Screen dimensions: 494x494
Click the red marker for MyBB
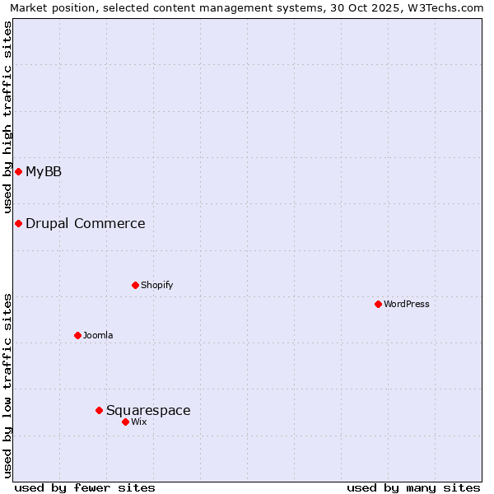[x=18, y=171]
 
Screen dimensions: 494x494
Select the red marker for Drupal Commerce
[x=18, y=223]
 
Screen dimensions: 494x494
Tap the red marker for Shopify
[x=135, y=285]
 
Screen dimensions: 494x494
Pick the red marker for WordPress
[x=378, y=304]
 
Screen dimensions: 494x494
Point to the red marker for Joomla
[x=77, y=335]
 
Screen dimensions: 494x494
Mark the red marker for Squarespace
[x=99, y=410]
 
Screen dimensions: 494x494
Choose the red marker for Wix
[x=125, y=422]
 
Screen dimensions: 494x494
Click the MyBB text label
[x=44, y=171]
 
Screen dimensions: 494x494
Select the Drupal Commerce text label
[x=86, y=223]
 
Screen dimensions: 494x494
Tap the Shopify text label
[x=156, y=285]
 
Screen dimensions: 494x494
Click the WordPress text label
[x=407, y=304]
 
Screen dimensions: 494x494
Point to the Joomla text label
[x=98, y=335]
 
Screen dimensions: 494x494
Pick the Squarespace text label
[x=148, y=410]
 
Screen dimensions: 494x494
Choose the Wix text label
[x=138, y=422]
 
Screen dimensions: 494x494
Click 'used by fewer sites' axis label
[x=85, y=487]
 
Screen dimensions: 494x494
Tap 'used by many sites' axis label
[x=413, y=487]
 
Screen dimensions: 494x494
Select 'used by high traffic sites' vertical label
[x=7, y=118]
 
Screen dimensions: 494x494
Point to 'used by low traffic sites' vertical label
[x=7, y=385]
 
